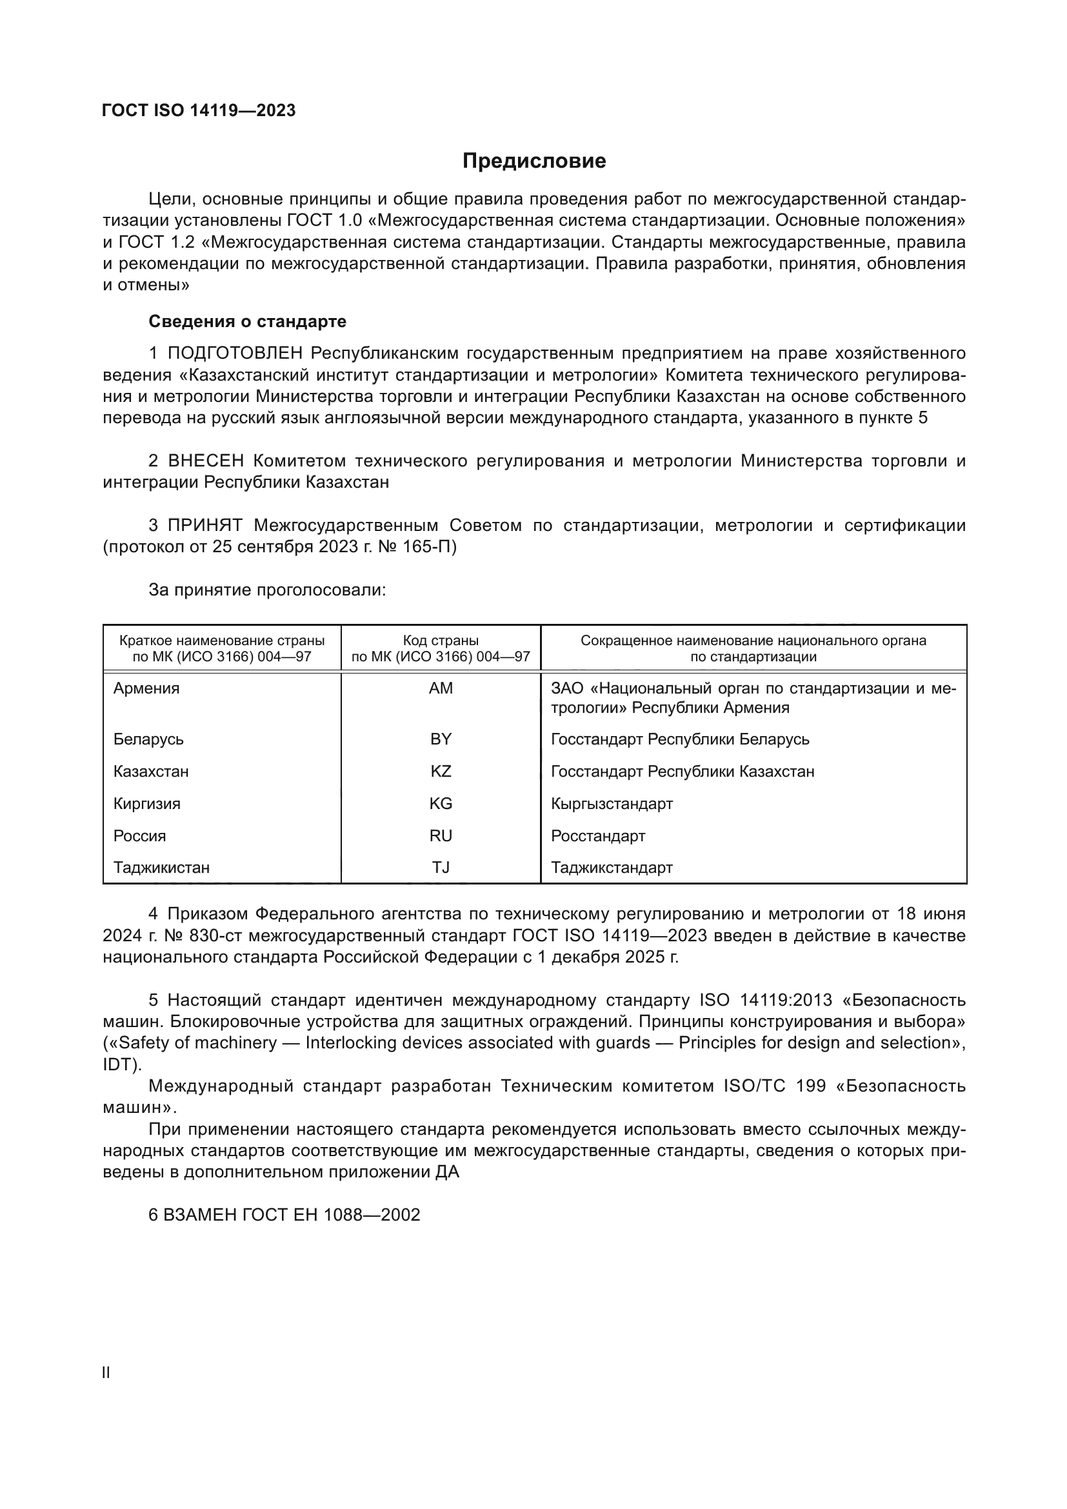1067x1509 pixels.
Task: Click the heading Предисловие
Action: [533, 161]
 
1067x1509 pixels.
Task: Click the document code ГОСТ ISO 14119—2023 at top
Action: [199, 110]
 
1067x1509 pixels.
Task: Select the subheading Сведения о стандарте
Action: [247, 321]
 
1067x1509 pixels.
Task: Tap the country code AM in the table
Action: [441, 688]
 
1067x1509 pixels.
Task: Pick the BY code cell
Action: [441, 739]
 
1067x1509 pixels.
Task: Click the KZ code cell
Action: [441, 771]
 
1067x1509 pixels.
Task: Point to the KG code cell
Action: [441, 803]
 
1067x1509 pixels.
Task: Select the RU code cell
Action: [441, 835]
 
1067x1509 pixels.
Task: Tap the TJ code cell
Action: [441, 868]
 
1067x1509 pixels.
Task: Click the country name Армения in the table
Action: [146, 688]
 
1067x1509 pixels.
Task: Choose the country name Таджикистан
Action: [162, 868]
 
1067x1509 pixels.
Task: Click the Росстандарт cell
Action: [598, 836]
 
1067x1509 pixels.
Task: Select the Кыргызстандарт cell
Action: [612, 804]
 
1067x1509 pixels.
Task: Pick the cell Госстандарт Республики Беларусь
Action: [680, 739]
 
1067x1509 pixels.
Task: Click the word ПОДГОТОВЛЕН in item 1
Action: [235, 354]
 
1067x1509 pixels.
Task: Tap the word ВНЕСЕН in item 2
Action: [206, 461]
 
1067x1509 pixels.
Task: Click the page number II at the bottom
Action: [106, 1372]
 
